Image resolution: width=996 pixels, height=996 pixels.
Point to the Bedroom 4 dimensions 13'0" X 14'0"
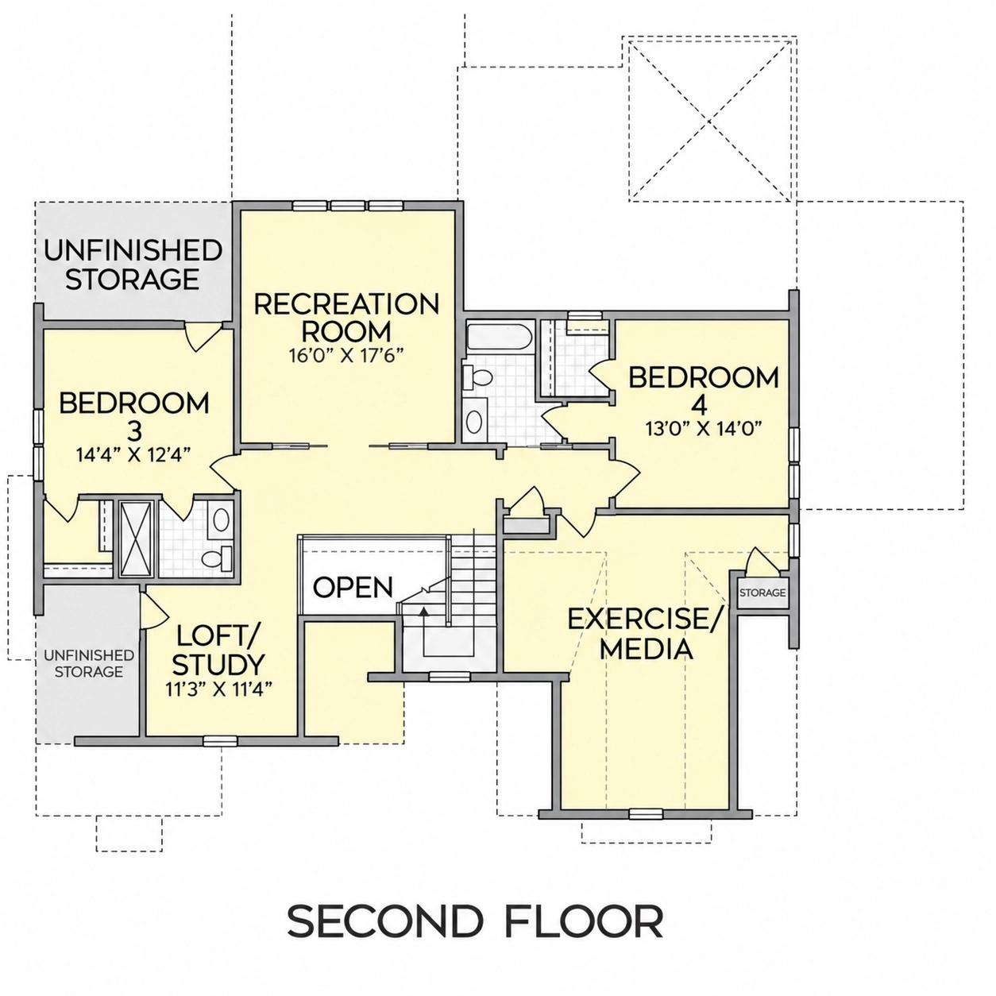pos(704,428)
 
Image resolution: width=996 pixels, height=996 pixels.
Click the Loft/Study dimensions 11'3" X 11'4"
pos(218,689)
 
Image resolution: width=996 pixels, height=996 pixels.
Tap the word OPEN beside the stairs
pos(353,587)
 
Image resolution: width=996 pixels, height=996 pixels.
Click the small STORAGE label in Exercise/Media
pos(762,593)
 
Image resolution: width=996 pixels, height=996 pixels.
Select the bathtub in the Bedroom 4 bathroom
pos(499,338)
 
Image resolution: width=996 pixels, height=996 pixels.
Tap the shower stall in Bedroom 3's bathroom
pos(137,538)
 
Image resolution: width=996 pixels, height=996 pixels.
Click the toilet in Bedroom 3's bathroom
pos(217,558)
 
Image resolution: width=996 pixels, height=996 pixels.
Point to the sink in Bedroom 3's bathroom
pos(222,519)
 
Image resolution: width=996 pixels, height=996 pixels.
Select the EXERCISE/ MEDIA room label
pos(646,634)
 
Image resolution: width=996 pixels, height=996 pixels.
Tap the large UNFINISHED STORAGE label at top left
pos(133,264)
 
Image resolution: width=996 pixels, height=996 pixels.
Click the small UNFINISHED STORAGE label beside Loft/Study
pos(89,663)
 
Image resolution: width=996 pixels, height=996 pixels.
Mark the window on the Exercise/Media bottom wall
pos(646,813)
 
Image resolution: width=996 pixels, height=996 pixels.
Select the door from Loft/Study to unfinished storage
pos(155,610)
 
